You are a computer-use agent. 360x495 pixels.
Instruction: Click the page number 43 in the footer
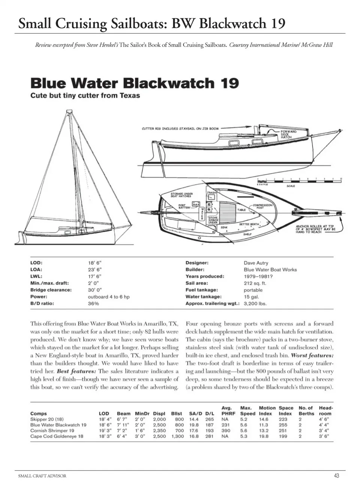click(x=336, y=475)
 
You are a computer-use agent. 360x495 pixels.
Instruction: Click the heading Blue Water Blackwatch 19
click(x=134, y=83)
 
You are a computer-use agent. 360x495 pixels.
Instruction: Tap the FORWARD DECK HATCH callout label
click(x=288, y=134)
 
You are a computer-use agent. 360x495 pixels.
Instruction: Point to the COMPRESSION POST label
click(x=262, y=206)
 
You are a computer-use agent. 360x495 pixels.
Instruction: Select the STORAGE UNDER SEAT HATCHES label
click(x=181, y=195)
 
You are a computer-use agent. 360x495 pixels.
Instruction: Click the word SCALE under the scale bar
click(x=291, y=186)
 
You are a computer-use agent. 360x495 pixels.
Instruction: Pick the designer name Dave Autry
click(x=256, y=263)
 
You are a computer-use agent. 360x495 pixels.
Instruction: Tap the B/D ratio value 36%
click(x=93, y=303)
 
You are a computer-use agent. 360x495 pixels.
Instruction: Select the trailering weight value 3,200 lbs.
click(x=255, y=303)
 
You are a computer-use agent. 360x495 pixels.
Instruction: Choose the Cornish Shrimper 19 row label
click(x=52, y=430)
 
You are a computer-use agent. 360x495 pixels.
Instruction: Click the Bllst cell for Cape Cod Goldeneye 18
click(x=178, y=436)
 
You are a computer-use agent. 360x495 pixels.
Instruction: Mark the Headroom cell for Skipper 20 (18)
click(x=324, y=419)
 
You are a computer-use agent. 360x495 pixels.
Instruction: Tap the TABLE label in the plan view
click(x=241, y=210)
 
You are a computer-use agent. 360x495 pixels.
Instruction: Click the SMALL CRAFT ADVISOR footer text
click(x=42, y=476)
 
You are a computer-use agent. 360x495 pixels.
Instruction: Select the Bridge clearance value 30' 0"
click(x=95, y=290)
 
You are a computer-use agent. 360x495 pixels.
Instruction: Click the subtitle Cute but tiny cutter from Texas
click(x=85, y=96)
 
